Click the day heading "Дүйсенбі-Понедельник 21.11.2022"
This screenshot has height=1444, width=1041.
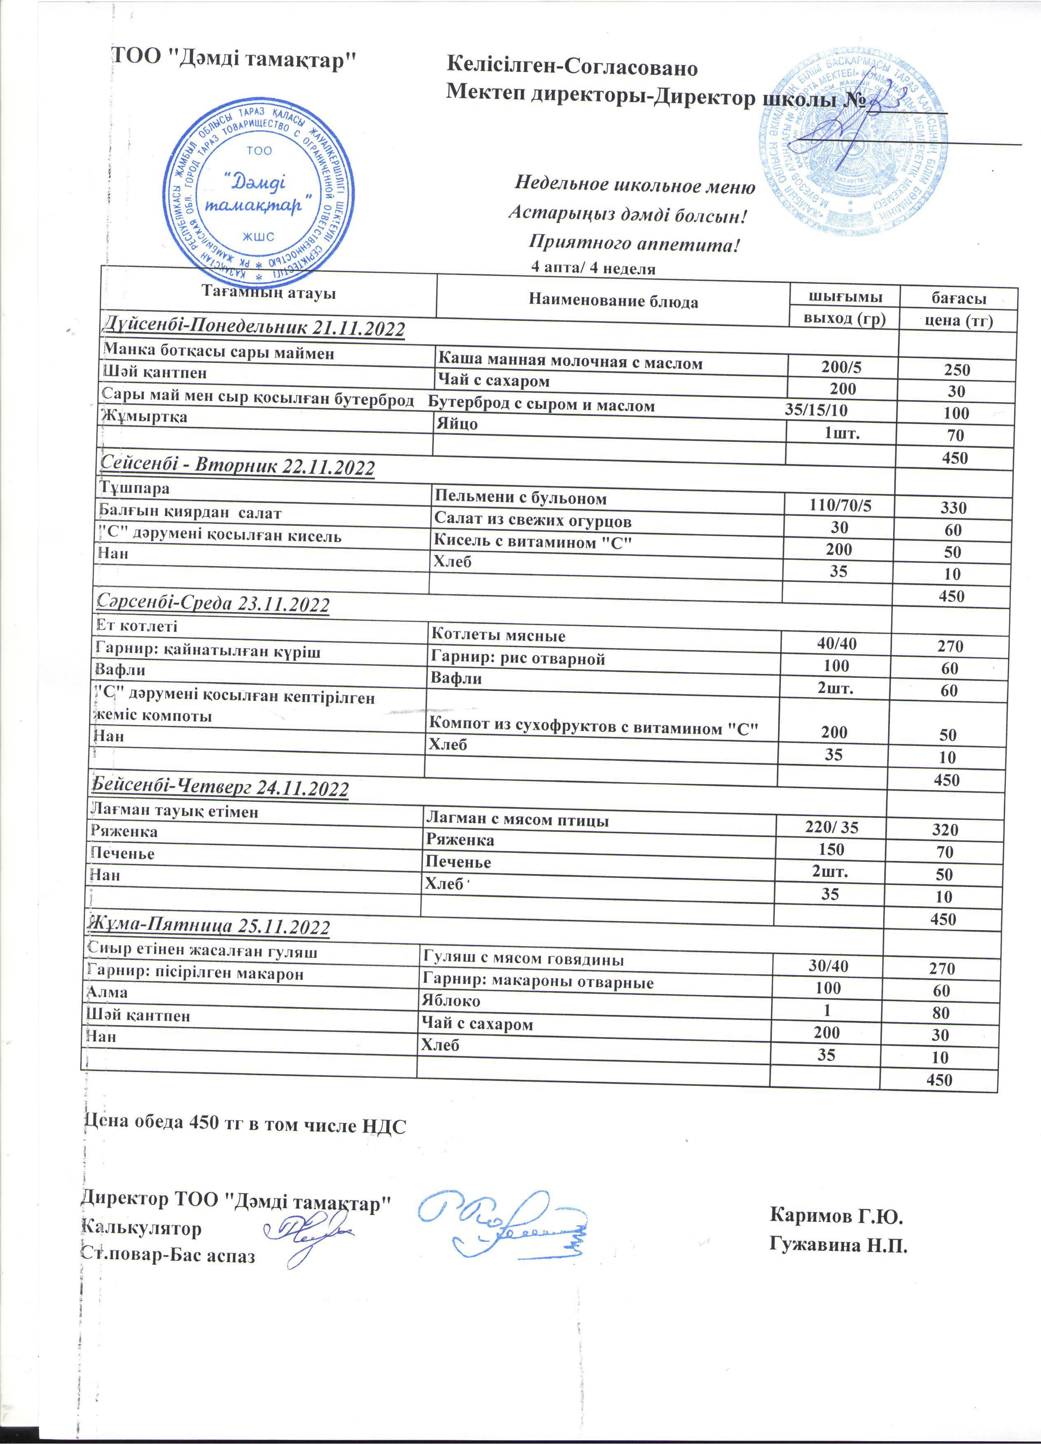tap(253, 329)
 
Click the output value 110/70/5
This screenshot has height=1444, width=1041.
tap(840, 506)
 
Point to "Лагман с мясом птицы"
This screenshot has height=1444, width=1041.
tap(517, 820)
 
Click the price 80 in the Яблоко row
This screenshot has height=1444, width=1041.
tap(941, 1012)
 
